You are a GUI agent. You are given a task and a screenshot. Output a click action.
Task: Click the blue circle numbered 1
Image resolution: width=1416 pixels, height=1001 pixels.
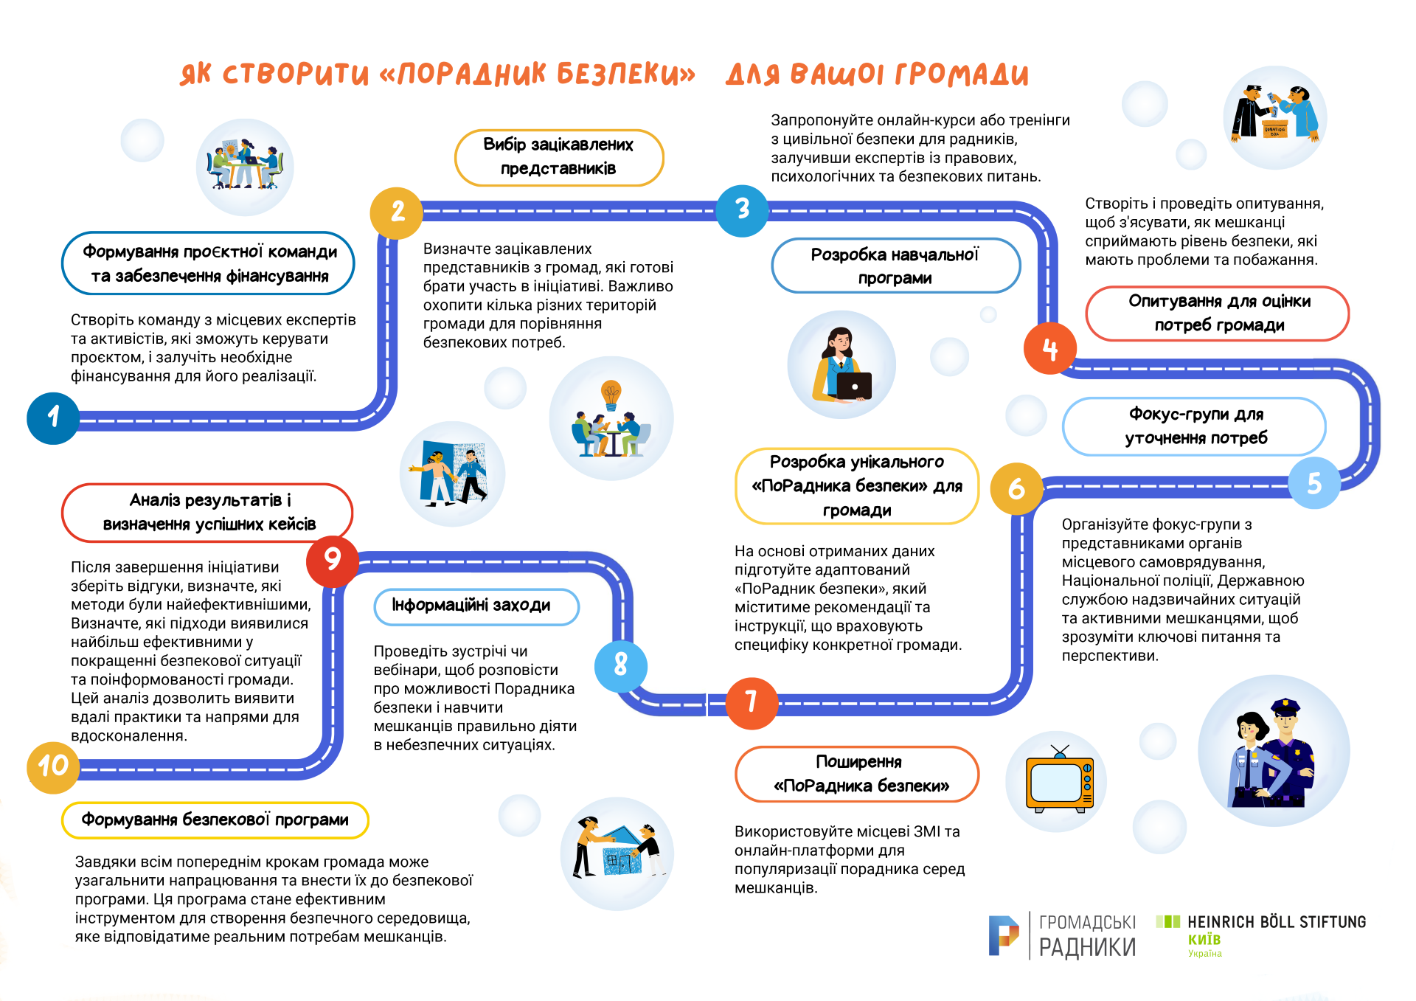pos(53,418)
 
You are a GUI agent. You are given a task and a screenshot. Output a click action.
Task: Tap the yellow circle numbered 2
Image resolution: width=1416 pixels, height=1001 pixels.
pos(397,213)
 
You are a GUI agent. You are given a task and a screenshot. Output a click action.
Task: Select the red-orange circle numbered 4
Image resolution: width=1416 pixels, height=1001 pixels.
pos(1050,348)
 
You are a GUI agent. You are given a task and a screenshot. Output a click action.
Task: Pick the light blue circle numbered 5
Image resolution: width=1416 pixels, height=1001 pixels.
pos(1314,483)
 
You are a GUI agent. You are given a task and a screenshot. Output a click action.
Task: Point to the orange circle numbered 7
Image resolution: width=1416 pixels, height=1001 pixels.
pos(752,703)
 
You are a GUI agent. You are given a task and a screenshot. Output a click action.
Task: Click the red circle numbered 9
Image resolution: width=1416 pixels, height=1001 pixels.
pos(333,561)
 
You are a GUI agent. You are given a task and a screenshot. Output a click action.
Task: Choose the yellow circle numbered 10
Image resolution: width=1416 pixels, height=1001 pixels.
pos(53,767)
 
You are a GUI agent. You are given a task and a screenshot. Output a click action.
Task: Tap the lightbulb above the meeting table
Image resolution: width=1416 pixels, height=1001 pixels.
pos(611,395)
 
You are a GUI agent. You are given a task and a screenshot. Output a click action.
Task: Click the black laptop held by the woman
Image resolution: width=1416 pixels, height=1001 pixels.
pos(854,386)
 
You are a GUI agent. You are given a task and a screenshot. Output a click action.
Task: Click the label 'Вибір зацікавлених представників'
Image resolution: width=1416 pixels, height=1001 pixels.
pos(559,157)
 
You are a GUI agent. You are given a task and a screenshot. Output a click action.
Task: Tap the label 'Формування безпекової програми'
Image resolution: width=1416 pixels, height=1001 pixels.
pos(215,820)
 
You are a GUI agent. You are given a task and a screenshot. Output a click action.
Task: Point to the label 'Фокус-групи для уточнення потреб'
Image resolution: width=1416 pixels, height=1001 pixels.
pos(1195,426)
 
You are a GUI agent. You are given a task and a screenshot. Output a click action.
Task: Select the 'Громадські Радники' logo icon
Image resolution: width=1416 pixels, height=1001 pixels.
pos(1003,935)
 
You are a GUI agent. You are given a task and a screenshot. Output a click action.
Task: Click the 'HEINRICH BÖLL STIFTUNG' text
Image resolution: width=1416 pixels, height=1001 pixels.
pos(1277,922)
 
